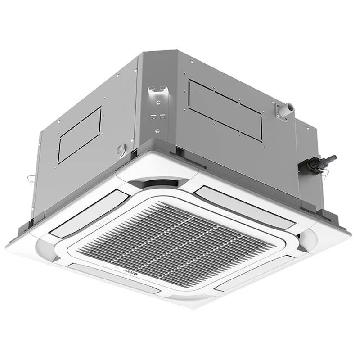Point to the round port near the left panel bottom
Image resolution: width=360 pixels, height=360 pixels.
(x=120, y=149)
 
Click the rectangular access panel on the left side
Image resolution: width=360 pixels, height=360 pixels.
(x=80, y=135)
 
